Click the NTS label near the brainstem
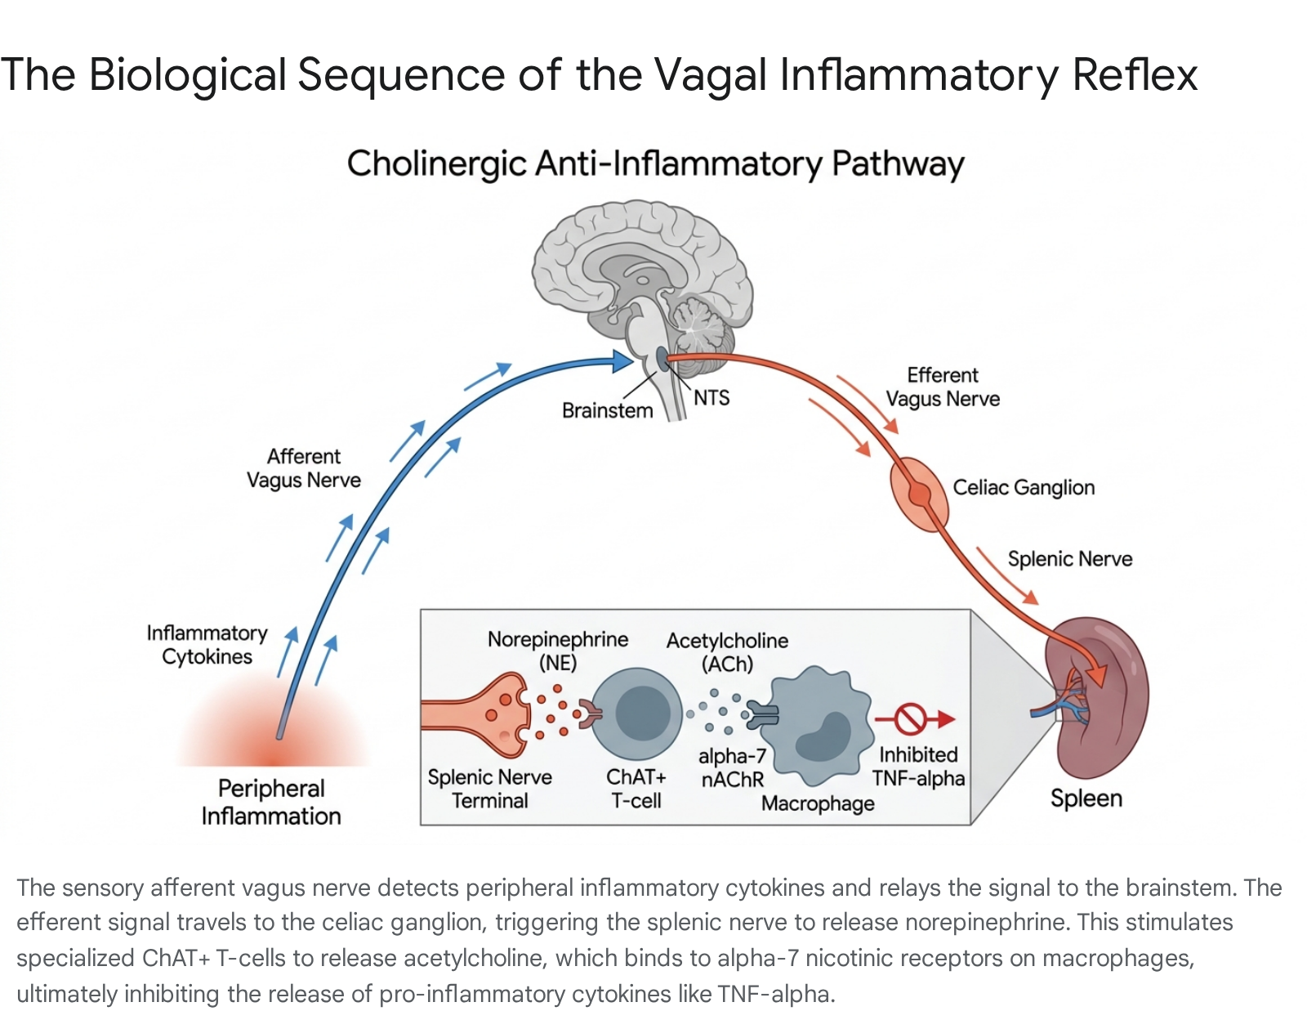pyautogui.click(x=711, y=398)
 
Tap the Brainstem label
pyautogui.click(x=607, y=410)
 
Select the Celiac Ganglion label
pyautogui.click(x=1023, y=487)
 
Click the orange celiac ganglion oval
pyautogui.click(x=919, y=494)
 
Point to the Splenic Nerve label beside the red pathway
pyautogui.click(x=1069, y=558)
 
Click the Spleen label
pyautogui.click(x=1086, y=798)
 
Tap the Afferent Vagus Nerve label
pyautogui.click(x=303, y=468)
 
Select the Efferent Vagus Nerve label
pyautogui.click(x=943, y=387)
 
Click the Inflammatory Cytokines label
pyautogui.click(x=207, y=645)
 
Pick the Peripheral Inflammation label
pyautogui.click(x=271, y=802)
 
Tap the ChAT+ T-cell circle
pyautogui.click(x=636, y=712)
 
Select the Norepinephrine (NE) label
pyautogui.click(x=558, y=651)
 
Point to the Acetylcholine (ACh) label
pyautogui.click(x=727, y=651)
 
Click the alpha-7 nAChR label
pyautogui.click(x=732, y=767)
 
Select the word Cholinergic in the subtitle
pyautogui.click(x=437, y=163)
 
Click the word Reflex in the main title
pyautogui.click(x=1135, y=74)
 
